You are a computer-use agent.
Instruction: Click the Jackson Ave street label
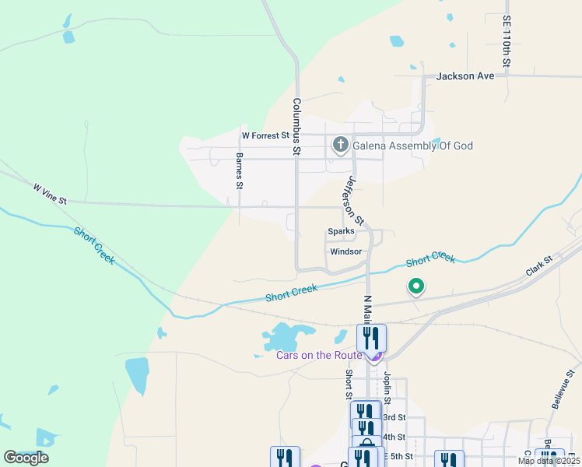pos(465,76)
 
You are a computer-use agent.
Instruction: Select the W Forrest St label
pos(265,135)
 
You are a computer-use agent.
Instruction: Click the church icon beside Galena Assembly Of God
pos(340,145)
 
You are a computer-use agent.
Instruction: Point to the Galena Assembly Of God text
pos(412,146)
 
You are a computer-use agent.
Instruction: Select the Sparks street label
pos(341,231)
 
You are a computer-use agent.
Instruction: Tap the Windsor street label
pos(345,251)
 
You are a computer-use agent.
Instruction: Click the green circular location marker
pos(416,287)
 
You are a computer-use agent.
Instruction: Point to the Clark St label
pos(538,266)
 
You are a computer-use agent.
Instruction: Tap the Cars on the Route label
pos(319,356)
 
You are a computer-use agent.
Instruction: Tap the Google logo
pos(26,458)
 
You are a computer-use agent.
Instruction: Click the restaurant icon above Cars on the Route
pos(372,338)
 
